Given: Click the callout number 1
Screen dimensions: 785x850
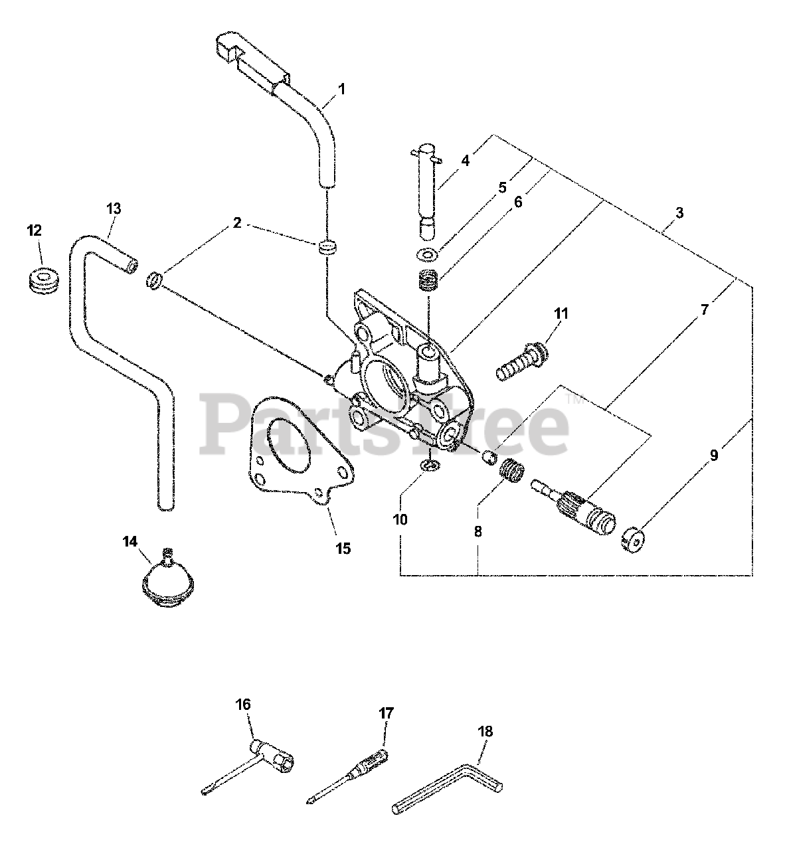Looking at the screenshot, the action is [x=341, y=90].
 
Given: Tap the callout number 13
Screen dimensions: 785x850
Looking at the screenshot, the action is [x=114, y=209].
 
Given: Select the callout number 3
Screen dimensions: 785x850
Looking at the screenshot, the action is [x=679, y=212].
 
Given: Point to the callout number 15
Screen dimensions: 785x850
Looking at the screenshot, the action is [x=343, y=549].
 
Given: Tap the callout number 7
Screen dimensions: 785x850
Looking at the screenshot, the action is [x=705, y=309].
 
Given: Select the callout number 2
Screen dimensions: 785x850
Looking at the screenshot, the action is [x=237, y=223].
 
